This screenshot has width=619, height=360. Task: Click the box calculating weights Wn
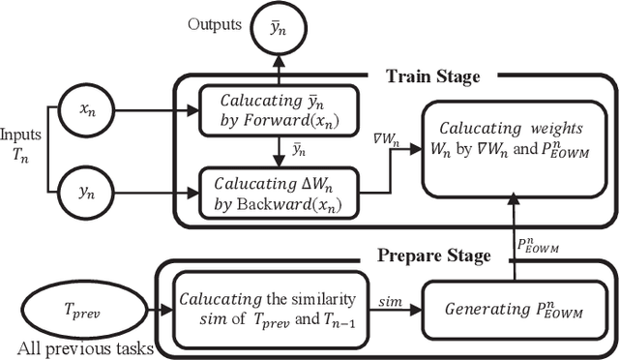tap(512, 140)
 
